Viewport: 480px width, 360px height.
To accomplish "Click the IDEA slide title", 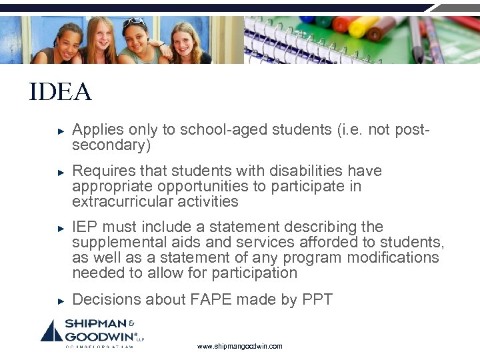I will [60, 92].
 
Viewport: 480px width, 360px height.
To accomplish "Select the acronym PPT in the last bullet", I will [316, 300].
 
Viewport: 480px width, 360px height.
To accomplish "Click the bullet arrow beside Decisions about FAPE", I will [60, 301].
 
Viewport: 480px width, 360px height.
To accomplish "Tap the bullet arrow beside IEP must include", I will [60, 227].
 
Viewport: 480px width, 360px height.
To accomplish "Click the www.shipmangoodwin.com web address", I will [240, 347].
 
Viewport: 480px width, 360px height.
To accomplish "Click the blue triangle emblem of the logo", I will [51, 331].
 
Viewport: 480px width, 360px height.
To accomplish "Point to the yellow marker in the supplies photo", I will [363, 27].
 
